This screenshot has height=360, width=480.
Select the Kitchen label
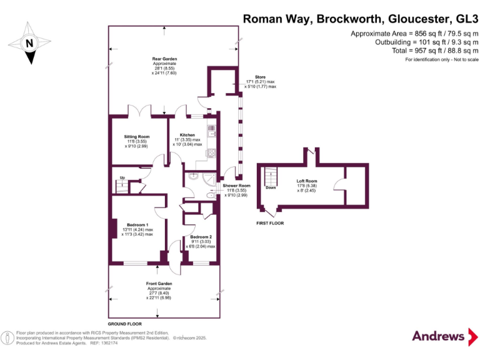coord(187,135)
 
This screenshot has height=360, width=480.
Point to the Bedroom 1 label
coord(137,224)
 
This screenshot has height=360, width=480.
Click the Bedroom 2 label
coord(201,237)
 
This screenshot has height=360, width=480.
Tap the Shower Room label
coord(236,186)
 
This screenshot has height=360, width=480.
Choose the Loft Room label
coord(307,181)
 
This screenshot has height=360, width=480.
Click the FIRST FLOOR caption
coord(270,223)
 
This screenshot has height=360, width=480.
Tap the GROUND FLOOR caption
coord(123,324)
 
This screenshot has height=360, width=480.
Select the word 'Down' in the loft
coord(271,187)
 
